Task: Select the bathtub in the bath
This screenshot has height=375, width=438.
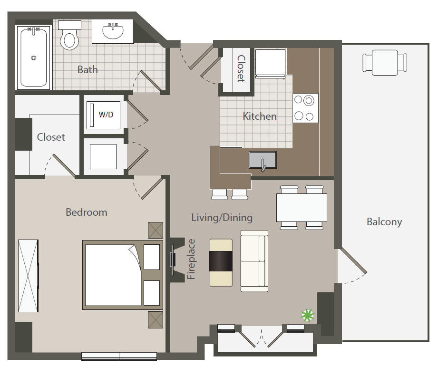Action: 34,58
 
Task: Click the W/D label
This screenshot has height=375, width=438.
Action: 106,115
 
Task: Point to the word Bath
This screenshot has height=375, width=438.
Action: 88,70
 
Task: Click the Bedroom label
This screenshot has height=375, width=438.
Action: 87,212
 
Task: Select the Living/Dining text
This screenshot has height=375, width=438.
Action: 222,218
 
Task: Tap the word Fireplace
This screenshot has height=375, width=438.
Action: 191,259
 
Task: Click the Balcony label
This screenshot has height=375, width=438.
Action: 384,221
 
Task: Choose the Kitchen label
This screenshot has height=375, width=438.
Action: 260,116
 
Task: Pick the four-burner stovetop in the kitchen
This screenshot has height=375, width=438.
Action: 305,108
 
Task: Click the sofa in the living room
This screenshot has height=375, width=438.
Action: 254,261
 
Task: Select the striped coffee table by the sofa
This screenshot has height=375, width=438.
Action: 221,262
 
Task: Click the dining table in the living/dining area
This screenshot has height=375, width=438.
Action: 302,208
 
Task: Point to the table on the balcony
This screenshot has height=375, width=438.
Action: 385,62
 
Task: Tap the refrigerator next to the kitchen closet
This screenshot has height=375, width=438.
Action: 271,63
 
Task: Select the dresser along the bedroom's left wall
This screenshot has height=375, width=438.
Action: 28,276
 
